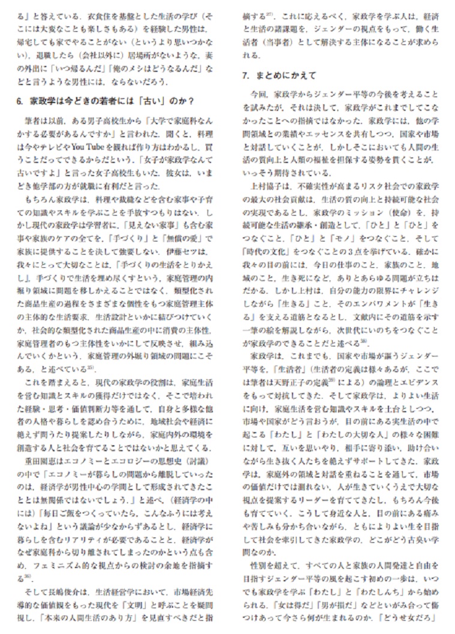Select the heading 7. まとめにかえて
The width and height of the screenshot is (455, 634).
[x=279, y=76]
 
